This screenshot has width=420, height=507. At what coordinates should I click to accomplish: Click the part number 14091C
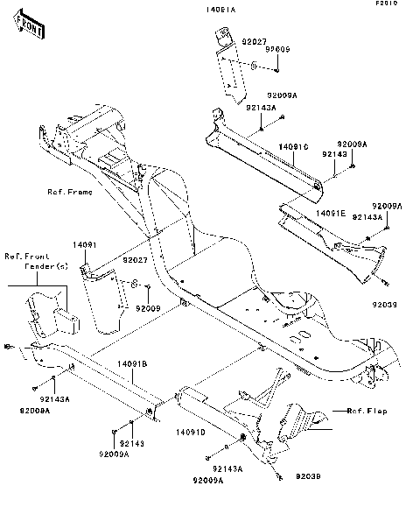[295, 147]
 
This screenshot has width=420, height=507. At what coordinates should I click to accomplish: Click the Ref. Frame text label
[70, 191]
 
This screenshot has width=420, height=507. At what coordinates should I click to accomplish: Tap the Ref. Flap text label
[367, 410]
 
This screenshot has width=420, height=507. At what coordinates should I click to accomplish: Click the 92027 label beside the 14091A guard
[228, 40]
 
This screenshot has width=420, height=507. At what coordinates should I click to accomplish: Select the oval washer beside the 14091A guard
[251, 66]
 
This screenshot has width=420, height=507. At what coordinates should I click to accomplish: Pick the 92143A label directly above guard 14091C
[260, 107]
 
